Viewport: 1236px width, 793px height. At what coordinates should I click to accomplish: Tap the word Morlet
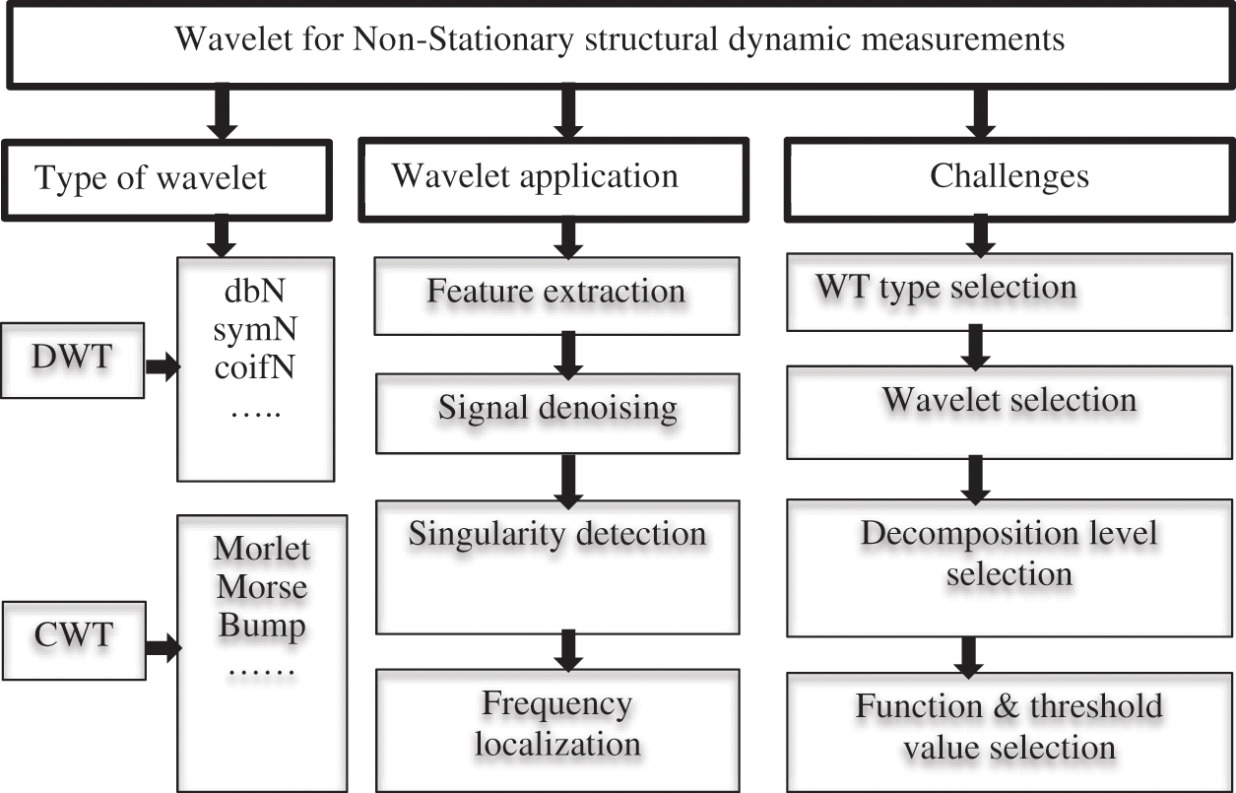261,549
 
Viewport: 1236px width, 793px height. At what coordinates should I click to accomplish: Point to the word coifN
255,369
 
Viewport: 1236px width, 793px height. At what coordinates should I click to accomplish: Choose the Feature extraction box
555,295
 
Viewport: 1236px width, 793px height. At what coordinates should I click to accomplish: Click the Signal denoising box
557,408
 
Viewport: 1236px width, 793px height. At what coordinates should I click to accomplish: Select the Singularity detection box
557,565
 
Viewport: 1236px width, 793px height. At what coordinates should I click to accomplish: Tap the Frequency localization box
557,728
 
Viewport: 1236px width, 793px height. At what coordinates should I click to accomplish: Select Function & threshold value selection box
1009,727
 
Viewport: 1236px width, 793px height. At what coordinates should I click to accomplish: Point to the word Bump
262,627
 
